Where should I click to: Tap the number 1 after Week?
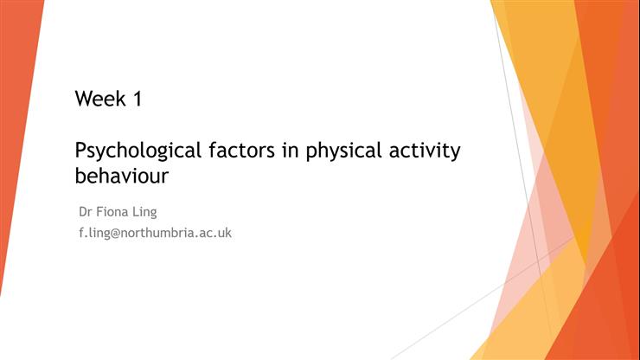point(137,99)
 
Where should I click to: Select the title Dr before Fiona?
point(86,211)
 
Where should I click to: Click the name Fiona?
point(114,211)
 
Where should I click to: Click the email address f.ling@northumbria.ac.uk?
point(155,233)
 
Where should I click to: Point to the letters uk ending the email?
point(224,233)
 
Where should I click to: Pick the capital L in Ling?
point(138,211)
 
